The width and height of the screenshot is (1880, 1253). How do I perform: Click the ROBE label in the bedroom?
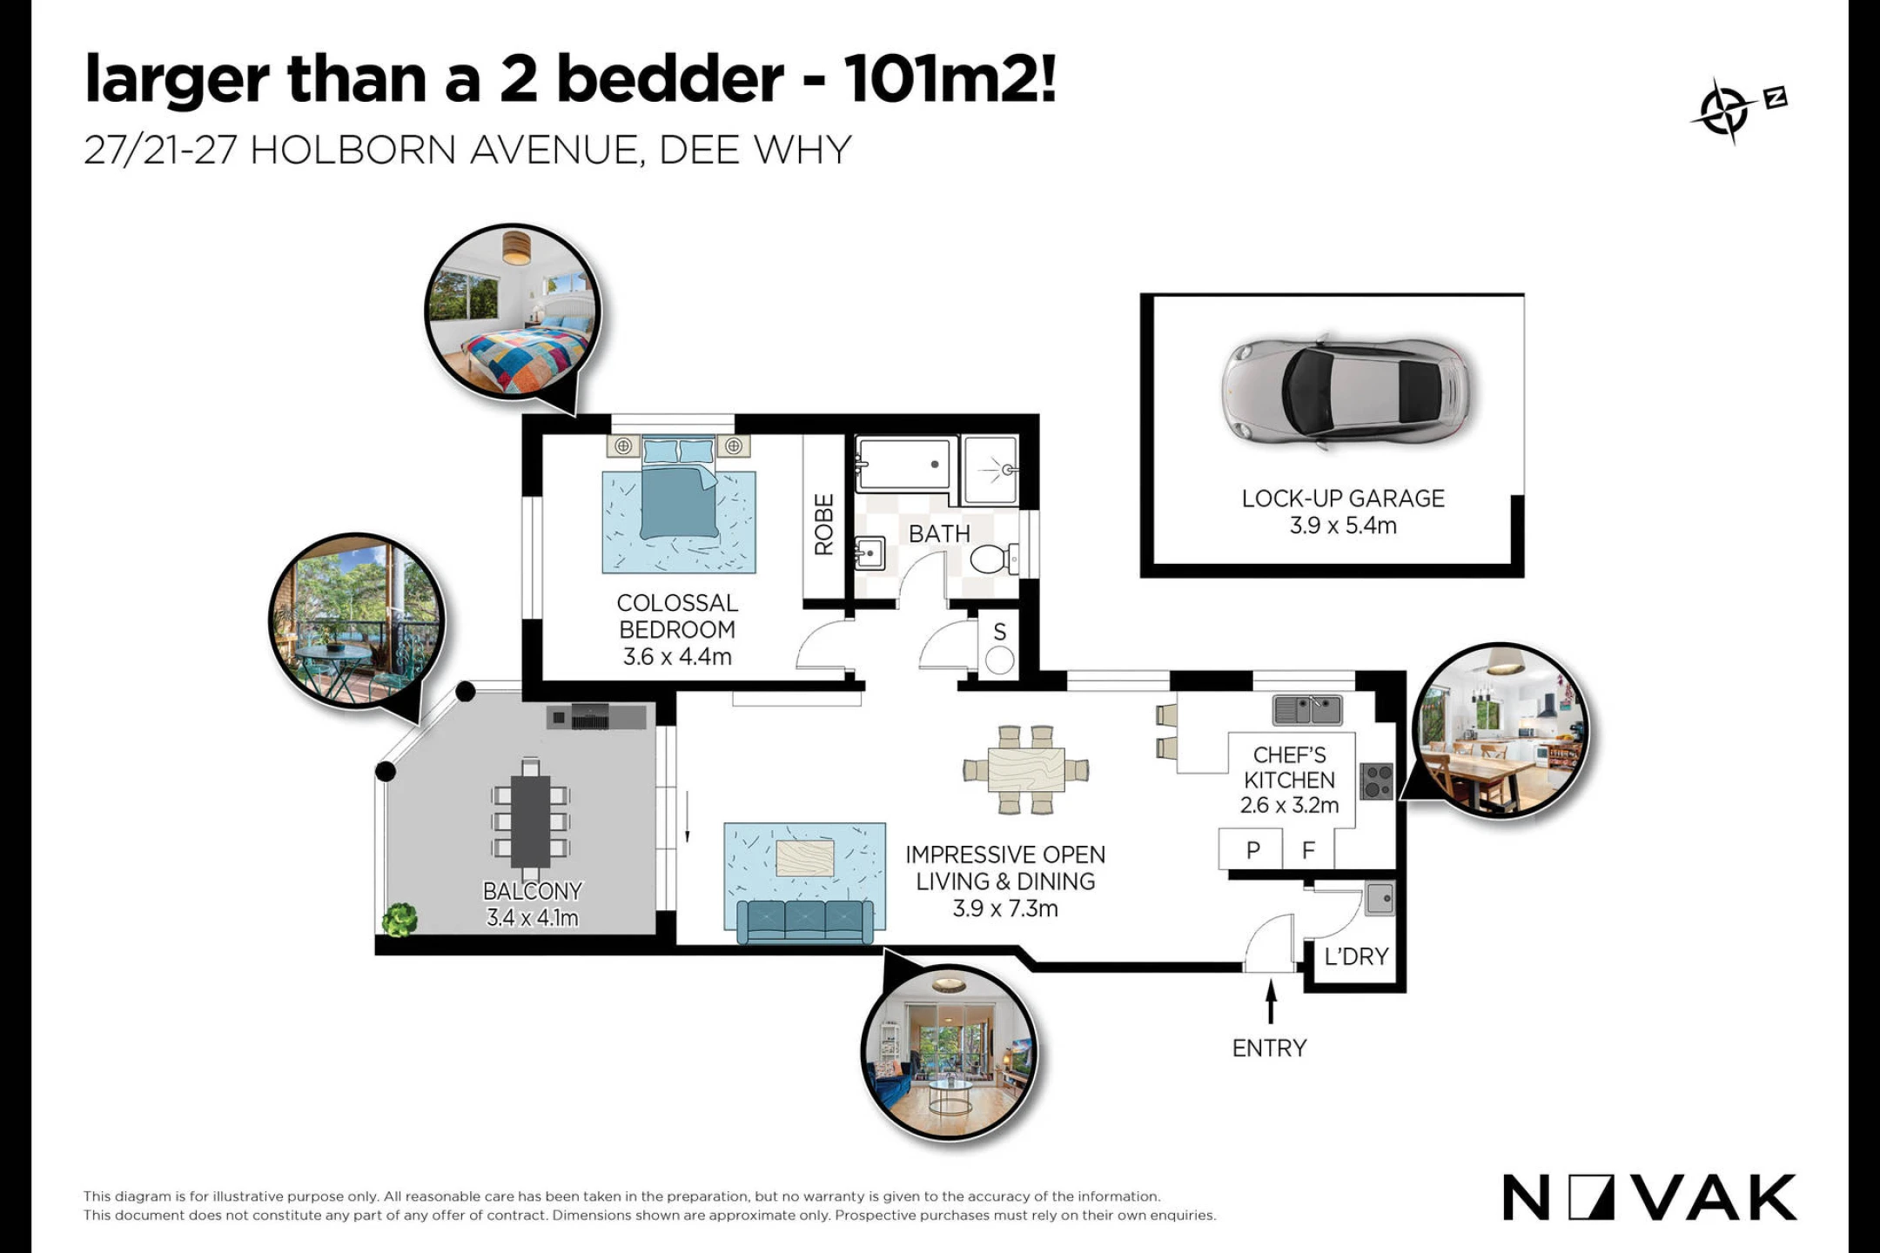823,524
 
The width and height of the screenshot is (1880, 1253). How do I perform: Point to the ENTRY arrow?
1271,1001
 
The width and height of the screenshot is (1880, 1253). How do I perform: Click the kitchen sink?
1307,710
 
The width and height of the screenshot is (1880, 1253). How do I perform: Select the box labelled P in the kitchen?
1251,849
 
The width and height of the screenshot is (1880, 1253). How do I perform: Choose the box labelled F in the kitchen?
1308,849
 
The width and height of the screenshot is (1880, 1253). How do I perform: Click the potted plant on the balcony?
399,920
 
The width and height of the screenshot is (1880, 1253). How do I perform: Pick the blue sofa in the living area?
805,921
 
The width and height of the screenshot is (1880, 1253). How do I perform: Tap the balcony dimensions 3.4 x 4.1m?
532,917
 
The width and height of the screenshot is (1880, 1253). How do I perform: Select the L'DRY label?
1356,956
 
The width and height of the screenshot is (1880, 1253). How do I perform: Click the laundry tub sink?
1380,900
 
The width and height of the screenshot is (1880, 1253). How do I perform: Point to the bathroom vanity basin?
869,553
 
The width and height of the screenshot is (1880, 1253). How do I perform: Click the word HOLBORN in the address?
353,151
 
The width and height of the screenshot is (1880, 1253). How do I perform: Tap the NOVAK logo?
1649,1197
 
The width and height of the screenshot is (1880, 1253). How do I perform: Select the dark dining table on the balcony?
530,821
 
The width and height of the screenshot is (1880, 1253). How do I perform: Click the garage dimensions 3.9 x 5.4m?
1343,526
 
